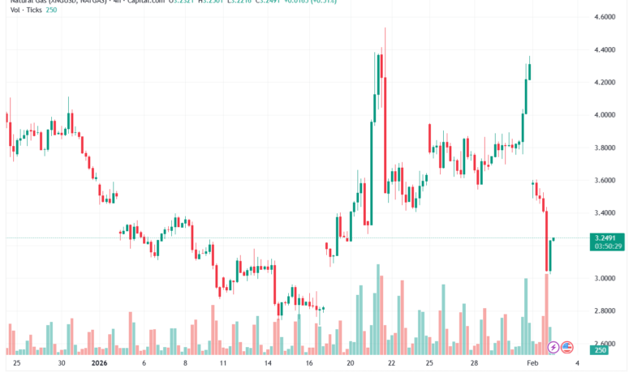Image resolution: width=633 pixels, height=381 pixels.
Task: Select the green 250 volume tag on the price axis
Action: tap(601, 349)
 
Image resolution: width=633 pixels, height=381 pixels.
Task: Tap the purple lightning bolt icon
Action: tap(553, 347)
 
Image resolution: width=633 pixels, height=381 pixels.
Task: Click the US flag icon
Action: tap(567, 347)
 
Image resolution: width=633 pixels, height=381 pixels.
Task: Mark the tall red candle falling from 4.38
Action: tap(385, 122)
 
